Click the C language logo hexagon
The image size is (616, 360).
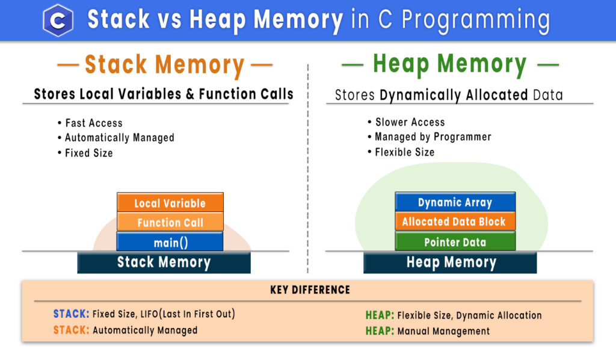point(58,20)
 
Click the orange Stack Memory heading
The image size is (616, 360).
point(164,65)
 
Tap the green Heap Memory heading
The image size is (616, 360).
point(450,64)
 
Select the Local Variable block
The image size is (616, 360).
point(170,203)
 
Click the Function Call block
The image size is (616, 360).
point(170,222)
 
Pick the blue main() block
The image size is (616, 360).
point(170,242)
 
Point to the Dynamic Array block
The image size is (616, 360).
point(455,202)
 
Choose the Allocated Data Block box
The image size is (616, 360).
point(455,222)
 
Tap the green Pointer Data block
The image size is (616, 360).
point(455,242)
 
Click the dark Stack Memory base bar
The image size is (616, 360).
point(164,262)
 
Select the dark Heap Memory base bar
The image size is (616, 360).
point(451,262)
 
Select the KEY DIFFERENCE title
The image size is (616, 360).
point(310,290)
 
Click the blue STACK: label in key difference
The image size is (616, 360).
point(71,314)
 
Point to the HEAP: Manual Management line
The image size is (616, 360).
point(427,331)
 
